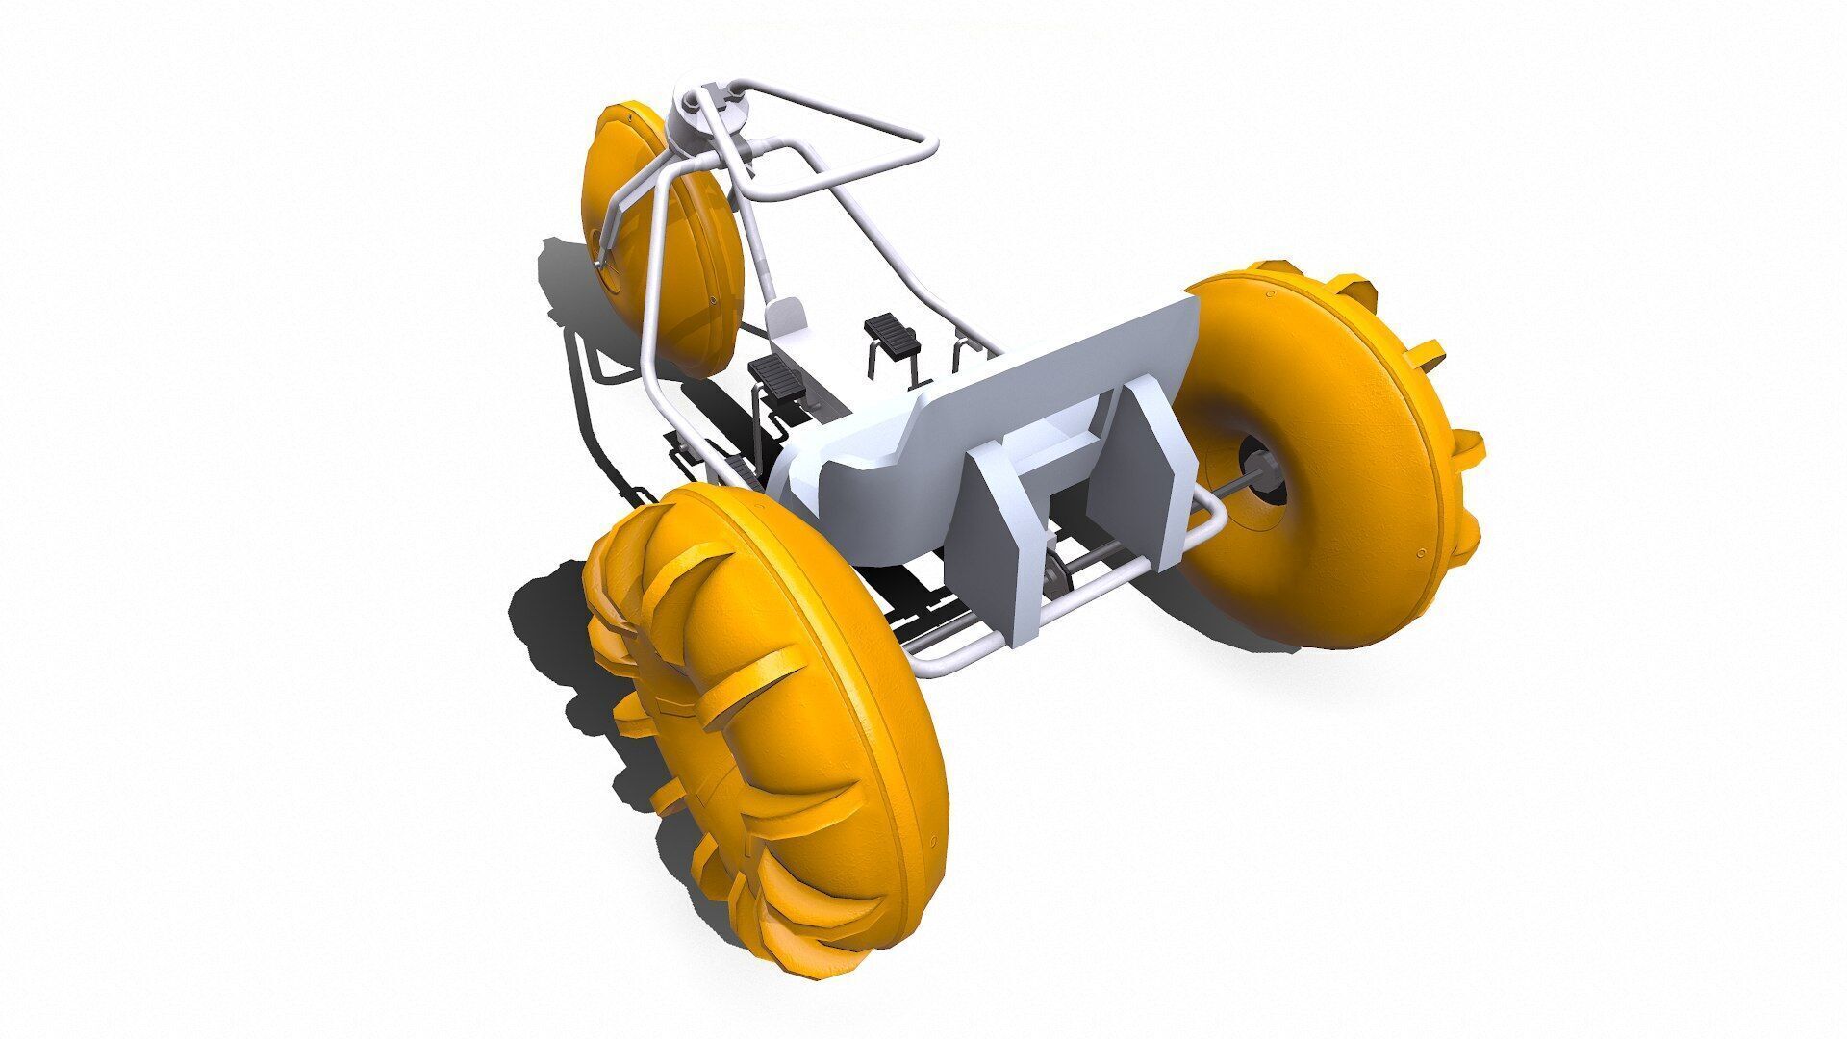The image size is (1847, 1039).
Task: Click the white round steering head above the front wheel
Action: click(707, 120)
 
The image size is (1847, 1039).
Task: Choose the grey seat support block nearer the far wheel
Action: click(1140, 462)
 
